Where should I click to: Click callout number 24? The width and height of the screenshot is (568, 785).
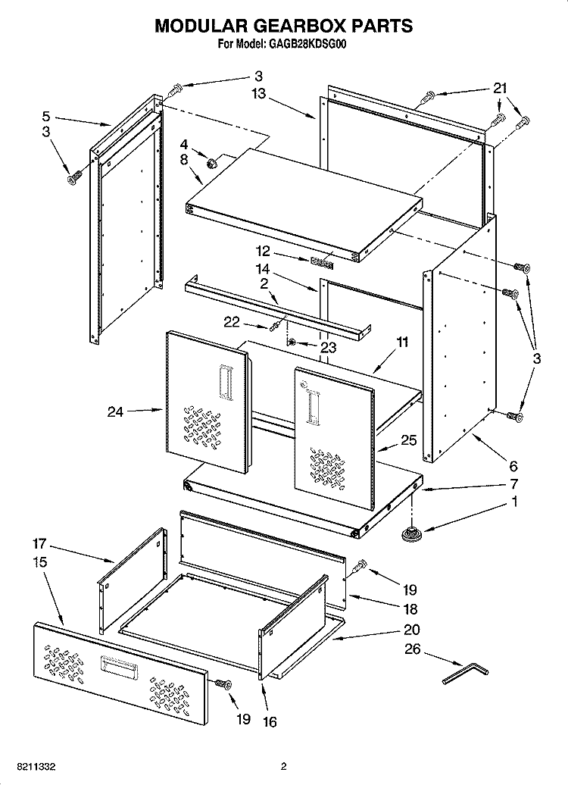[x=115, y=411]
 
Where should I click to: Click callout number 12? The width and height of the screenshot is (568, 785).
[x=264, y=251]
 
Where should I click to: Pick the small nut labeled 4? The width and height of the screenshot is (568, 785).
[x=211, y=161]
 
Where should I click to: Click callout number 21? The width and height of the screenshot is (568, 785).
[x=500, y=88]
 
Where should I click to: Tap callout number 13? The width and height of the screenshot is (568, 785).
[x=259, y=93]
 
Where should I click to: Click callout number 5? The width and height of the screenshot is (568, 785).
[x=45, y=117]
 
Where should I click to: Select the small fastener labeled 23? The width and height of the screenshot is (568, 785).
[x=293, y=342]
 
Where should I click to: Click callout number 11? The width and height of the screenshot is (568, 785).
[x=403, y=342]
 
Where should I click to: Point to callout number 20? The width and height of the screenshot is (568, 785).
[x=412, y=630]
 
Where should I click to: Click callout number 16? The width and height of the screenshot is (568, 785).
[x=270, y=721]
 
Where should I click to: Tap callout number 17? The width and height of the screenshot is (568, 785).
[x=39, y=543]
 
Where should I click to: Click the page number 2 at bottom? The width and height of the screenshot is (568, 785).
[x=283, y=766]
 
